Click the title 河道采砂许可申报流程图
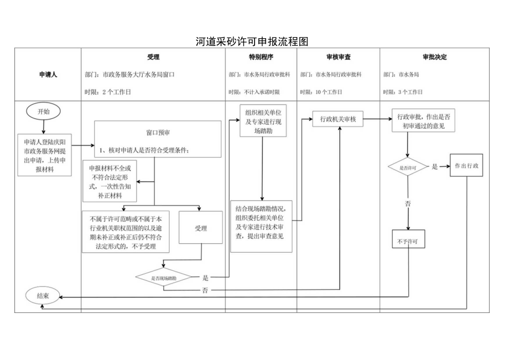coord(252,42)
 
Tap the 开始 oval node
coord(43,112)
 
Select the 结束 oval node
coord(43,296)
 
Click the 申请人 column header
coord(48,74)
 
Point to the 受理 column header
coord(153,57)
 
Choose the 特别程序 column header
coord(261,57)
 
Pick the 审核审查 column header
coord(338,57)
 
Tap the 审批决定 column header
coord(434,57)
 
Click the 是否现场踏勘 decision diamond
coord(164,278)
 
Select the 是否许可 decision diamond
coord(408,166)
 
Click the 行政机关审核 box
coord(338,119)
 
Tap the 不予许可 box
coord(408,242)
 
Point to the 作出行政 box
coord(466,166)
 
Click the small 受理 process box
coord(200,228)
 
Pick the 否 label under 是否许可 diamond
coord(408,204)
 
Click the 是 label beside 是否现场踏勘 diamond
coord(205,278)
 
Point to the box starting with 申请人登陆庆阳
coord(44,155)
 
